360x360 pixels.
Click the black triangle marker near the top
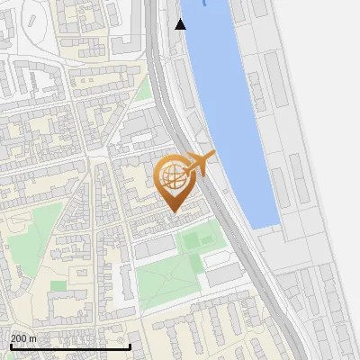coord(181,24)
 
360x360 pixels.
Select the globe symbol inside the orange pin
coord(175,176)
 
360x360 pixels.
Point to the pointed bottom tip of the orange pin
coord(175,212)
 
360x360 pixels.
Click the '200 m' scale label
coord(24,338)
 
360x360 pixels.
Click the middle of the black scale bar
coord(70,346)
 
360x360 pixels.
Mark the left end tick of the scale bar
coord(10,346)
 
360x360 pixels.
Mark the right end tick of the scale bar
coord(130,346)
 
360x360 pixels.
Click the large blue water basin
coord(229,99)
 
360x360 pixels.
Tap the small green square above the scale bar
coord(58,285)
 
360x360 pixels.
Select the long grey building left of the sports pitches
coord(155,245)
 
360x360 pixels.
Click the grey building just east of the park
coord(224,275)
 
